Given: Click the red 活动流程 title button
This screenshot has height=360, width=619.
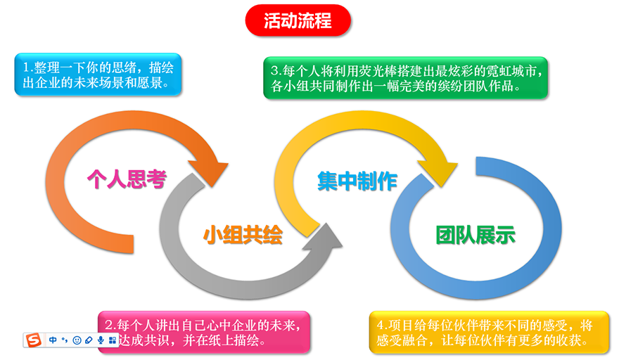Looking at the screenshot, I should point(298,21).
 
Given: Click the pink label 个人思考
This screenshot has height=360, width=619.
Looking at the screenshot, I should point(126,179).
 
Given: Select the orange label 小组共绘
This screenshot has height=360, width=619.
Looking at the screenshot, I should point(243,235).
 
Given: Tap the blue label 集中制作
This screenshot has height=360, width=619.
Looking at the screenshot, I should point(357,181).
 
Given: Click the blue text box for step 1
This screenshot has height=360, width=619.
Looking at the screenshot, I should point(98,75).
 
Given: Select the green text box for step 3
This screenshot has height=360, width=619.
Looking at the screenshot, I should point(405,78).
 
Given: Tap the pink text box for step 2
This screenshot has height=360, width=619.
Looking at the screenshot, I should point(204,332).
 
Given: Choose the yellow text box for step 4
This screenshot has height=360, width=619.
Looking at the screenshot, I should point(488,332).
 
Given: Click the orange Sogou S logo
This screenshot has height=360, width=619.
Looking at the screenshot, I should point(34,340).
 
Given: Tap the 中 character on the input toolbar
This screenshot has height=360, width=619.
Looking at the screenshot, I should point(53,340).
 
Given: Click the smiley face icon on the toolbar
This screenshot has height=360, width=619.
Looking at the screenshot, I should point(77,340).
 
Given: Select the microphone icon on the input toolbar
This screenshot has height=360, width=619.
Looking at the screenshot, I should point(101,340).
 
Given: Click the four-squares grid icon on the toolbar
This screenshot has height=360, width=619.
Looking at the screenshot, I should point(113,340).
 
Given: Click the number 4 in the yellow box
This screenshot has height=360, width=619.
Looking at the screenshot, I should point(380,325).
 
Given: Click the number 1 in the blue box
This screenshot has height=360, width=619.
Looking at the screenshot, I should point(26,68).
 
